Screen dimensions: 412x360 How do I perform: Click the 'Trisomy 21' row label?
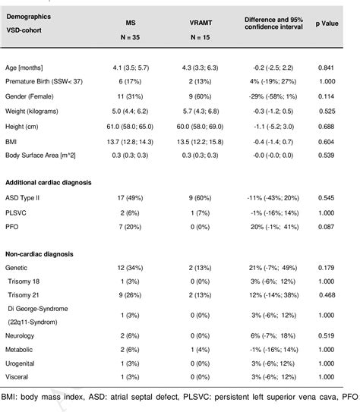(x=29, y=316)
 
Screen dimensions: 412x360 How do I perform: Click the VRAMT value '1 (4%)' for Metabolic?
(x=201, y=372)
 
